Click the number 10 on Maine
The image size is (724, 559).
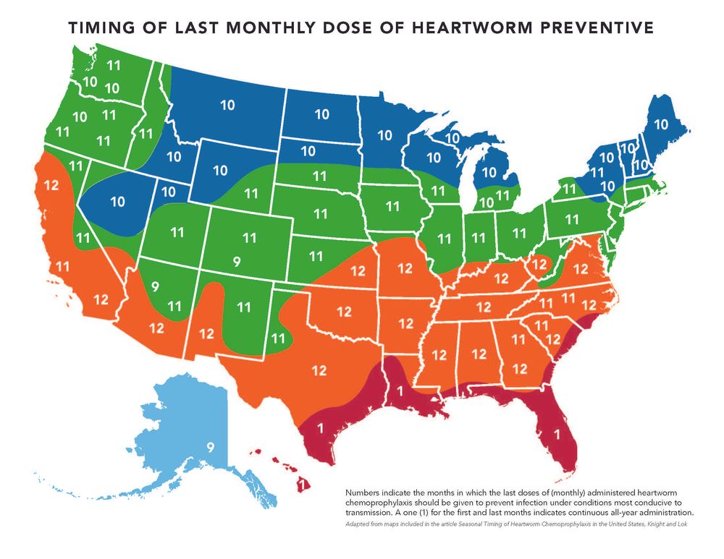(661, 124)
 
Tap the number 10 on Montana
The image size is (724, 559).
(227, 106)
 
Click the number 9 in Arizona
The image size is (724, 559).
(154, 287)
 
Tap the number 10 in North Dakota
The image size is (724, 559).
(321, 114)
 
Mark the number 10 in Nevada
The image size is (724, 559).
(117, 201)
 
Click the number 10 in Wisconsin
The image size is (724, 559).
(433, 158)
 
